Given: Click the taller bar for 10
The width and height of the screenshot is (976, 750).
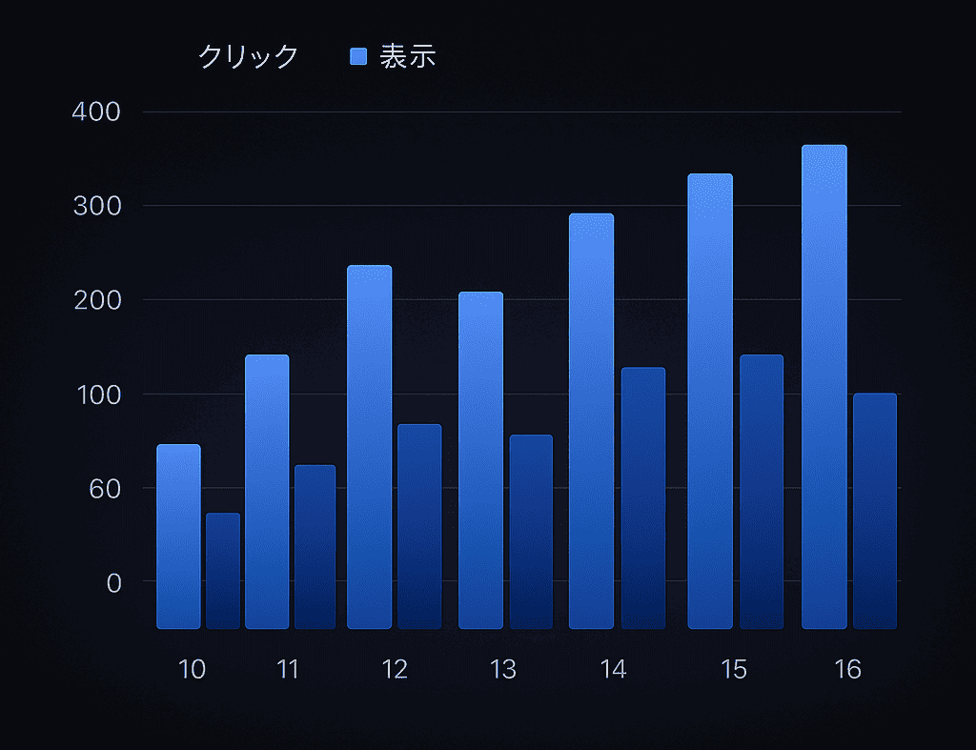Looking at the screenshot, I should pyautogui.click(x=178, y=537).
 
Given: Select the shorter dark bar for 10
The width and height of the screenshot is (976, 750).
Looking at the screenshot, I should pyautogui.click(x=223, y=571).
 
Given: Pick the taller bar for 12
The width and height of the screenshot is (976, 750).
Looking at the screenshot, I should pyautogui.click(x=369, y=447).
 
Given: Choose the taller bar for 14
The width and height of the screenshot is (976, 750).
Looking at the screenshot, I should pyautogui.click(x=591, y=421).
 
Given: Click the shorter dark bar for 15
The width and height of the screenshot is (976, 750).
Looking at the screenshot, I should pyautogui.click(x=762, y=492).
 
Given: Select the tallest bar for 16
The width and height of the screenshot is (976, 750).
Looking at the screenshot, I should pyautogui.click(x=823, y=387).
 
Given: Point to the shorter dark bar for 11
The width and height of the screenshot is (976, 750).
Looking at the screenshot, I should pyautogui.click(x=315, y=547).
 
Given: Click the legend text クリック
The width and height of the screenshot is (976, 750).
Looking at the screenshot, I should pyautogui.click(x=248, y=56).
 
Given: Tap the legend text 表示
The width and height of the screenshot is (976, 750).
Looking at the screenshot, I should pyautogui.click(x=408, y=56).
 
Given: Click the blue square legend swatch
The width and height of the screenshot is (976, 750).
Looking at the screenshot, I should pyautogui.click(x=358, y=56).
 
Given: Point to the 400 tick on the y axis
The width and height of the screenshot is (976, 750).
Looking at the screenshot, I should pyautogui.click(x=97, y=112).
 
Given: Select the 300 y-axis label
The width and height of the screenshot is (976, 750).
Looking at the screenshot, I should pyautogui.click(x=97, y=206).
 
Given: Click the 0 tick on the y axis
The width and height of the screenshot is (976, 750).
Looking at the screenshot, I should pyautogui.click(x=113, y=582).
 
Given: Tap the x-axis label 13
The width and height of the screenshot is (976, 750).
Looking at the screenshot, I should pyautogui.click(x=502, y=670).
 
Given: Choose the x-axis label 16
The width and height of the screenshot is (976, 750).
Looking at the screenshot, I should pyautogui.click(x=847, y=670).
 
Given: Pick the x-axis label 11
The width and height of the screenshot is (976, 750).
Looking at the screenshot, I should pyautogui.click(x=288, y=670).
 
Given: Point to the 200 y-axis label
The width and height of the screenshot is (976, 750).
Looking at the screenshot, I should pyautogui.click(x=97, y=300).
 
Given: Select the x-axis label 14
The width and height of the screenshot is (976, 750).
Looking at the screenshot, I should pyautogui.click(x=614, y=670).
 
